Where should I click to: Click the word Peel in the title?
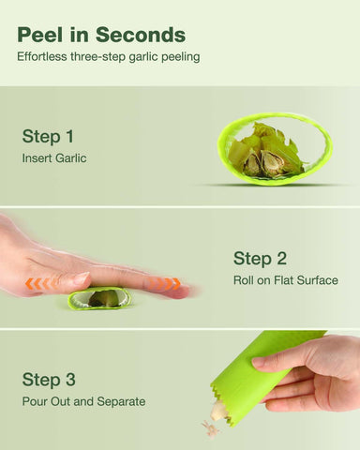[39, 35]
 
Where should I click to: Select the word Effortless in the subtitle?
[42, 57]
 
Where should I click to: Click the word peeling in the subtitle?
[181, 57]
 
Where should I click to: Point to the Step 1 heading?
[48, 137]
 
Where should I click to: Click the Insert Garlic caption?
[54, 158]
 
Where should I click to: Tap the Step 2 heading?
[260, 259]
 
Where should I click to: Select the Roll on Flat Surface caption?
[286, 280]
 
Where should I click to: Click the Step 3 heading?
[49, 380]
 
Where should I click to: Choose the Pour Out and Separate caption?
[83, 401]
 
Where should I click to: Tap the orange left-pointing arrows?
[38, 284]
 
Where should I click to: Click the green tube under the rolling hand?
[99, 299]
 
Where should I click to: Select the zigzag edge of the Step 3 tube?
[226, 400]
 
